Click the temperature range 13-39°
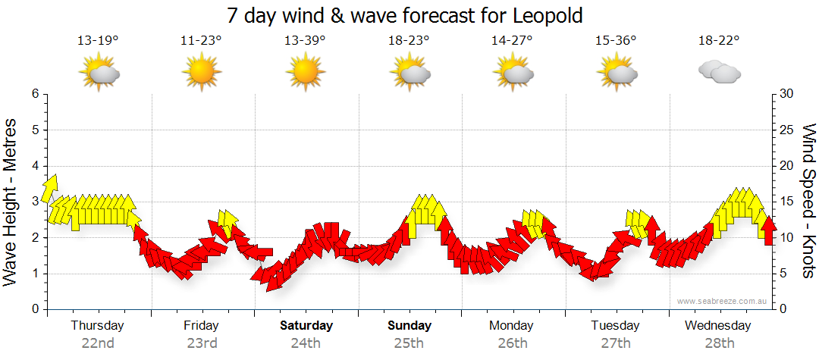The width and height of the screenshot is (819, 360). coord(305,41)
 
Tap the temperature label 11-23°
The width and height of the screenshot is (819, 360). coord(201,41)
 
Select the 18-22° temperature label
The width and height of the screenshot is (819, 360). coord(718,41)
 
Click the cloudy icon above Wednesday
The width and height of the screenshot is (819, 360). coord(719,73)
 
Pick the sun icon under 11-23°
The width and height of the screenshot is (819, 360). coord(201,73)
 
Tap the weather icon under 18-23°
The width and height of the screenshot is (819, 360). coord(410,73)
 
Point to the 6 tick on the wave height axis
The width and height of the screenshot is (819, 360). coord(34,94)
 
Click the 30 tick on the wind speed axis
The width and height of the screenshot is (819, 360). coord(788,94)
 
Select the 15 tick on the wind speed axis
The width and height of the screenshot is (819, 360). coord(788,202)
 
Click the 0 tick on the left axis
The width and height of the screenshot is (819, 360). coord(34,310)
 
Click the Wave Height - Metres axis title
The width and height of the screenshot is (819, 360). coord(11,201)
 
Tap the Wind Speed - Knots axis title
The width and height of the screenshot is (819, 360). coord(808,201)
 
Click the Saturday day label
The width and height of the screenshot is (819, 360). coord(306,326)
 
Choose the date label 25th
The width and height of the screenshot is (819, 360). coord(409,343)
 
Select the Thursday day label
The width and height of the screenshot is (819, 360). coord(97,326)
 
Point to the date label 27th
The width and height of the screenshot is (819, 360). coord(616,343)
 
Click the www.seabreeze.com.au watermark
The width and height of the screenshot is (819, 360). coord(723,301)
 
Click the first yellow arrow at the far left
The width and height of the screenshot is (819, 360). coord(52,188)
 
